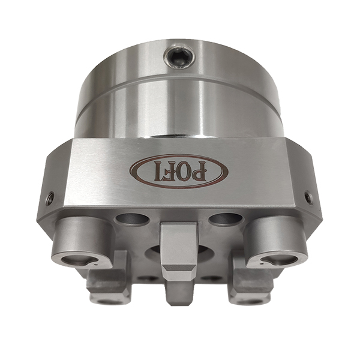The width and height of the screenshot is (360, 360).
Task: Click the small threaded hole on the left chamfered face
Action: (x=50, y=197)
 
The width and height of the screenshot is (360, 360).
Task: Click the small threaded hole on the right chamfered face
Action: (x=308, y=196)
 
